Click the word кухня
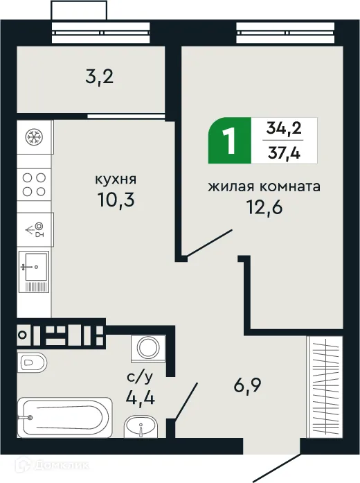[x=115, y=180]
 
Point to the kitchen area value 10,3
[x=115, y=202]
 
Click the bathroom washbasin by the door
[x=143, y=429]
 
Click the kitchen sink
[x=33, y=267]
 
